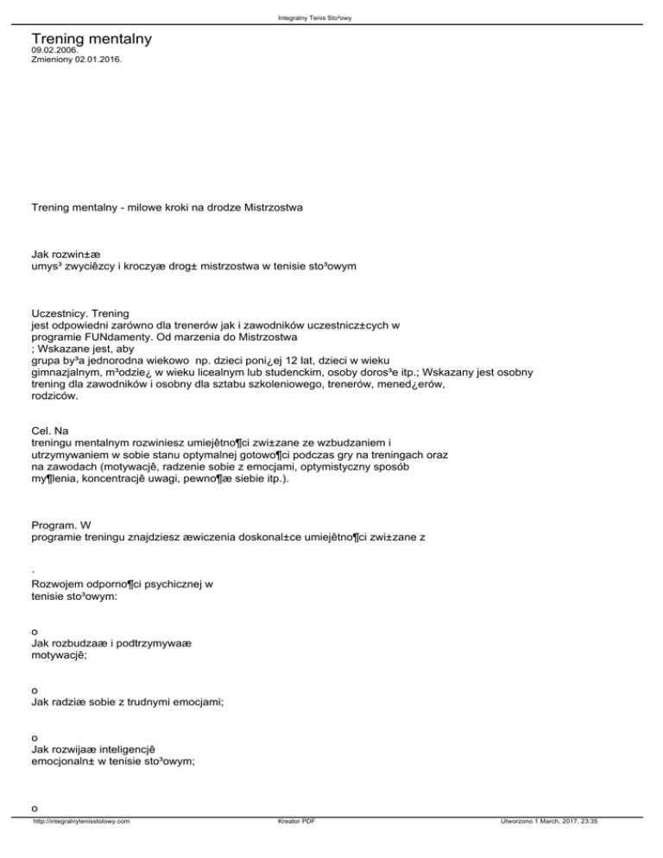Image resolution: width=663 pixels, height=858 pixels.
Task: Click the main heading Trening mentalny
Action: coord(92,40)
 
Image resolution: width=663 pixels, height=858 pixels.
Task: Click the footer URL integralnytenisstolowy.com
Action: coord(81,845)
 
